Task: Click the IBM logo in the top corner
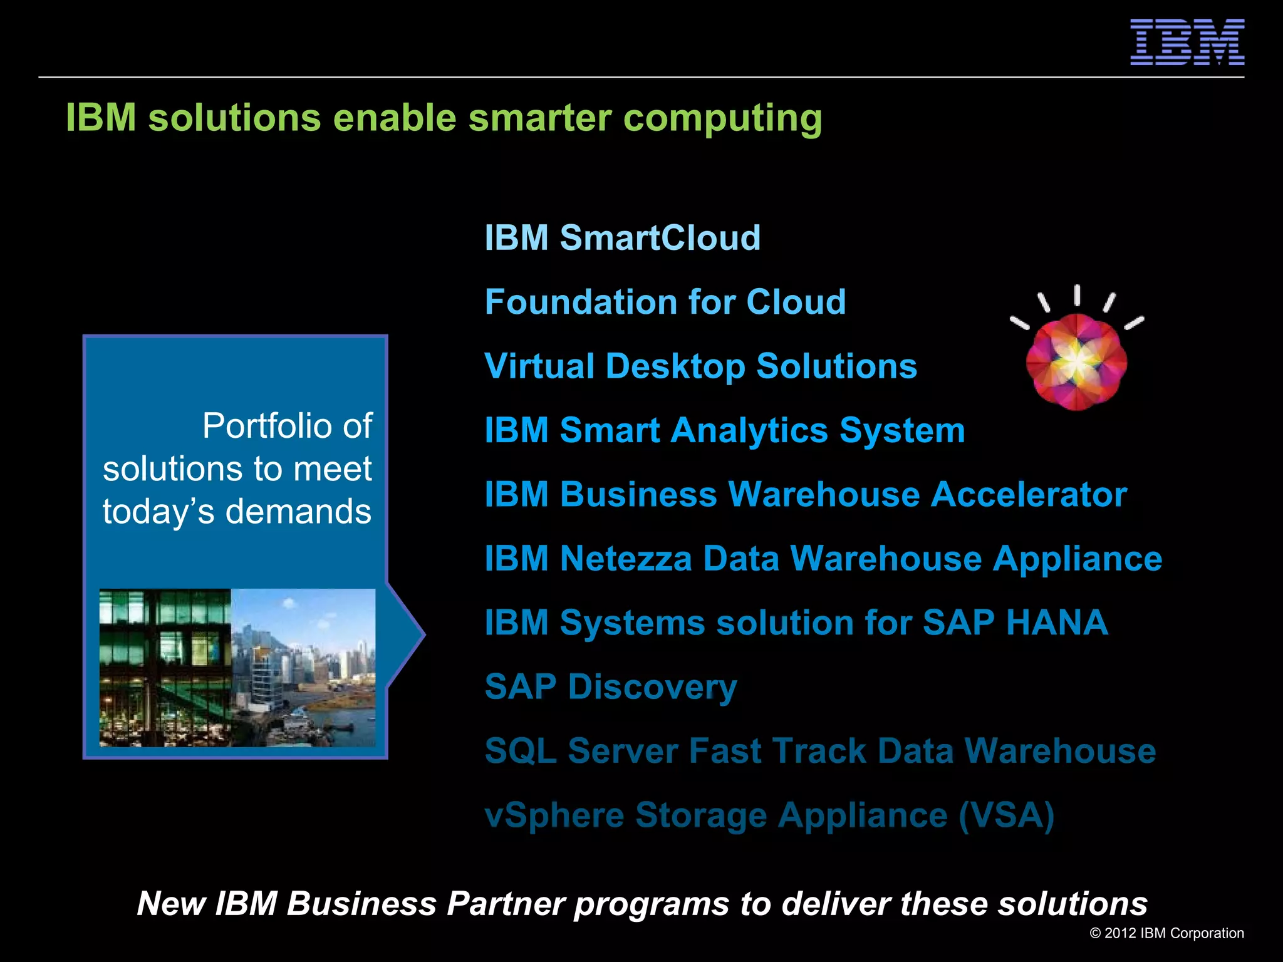click(x=1187, y=42)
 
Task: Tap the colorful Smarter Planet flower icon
click(x=1076, y=362)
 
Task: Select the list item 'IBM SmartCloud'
click(x=623, y=238)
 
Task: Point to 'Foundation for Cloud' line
click(x=665, y=302)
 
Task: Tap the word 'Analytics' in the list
click(x=749, y=431)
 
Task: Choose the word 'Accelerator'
click(x=1029, y=495)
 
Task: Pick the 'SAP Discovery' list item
click(x=611, y=687)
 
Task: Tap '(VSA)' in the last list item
click(x=1006, y=815)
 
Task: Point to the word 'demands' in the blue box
click(x=298, y=512)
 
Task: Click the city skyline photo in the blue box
click(x=303, y=667)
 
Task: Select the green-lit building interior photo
click(x=165, y=667)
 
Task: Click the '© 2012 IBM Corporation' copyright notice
click(x=1166, y=933)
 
